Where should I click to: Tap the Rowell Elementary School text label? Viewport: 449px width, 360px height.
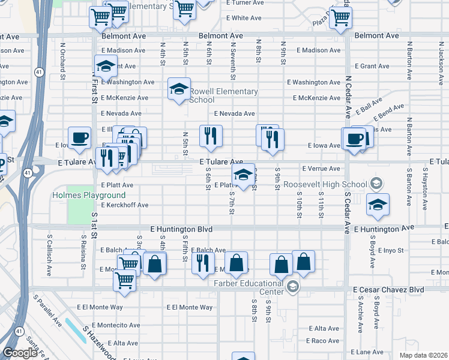pyautogui.click(x=223, y=95)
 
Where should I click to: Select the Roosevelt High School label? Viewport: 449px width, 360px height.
pyautogui.click(x=325, y=184)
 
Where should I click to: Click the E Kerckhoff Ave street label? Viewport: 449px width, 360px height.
pyautogui.click(x=124, y=205)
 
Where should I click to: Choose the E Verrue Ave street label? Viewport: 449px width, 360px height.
pyautogui.click(x=321, y=169)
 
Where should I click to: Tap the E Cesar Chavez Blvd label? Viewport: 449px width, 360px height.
pyautogui.click(x=388, y=290)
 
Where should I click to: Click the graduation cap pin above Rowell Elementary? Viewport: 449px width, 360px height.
pyautogui.click(x=179, y=89)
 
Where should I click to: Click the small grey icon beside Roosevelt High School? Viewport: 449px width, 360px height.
pyautogui.click(x=376, y=183)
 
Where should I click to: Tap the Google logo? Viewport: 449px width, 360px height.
pyautogui.click(x=20, y=353)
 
